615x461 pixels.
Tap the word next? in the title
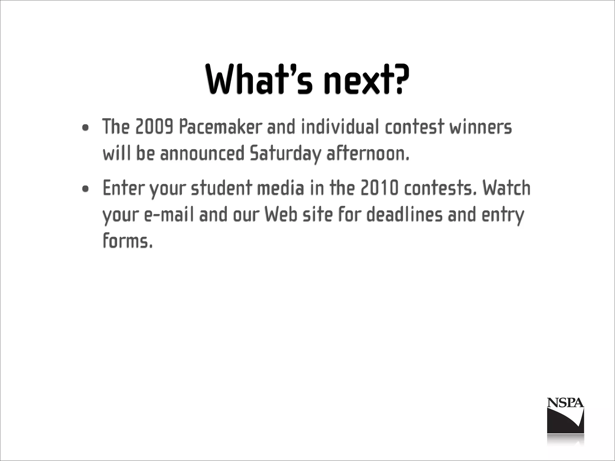(x=366, y=79)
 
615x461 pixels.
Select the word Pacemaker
(x=220, y=127)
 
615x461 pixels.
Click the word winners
(x=480, y=127)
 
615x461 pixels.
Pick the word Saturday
(x=285, y=154)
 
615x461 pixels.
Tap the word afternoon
(x=368, y=154)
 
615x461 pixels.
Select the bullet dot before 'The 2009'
(x=86, y=128)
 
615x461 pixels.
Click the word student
(x=221, y=188)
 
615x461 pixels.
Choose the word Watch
(x=507, y=188)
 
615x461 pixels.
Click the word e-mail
(x=169, y=215)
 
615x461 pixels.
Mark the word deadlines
(x=404, y=215)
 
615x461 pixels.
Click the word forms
(x=128, y=241)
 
